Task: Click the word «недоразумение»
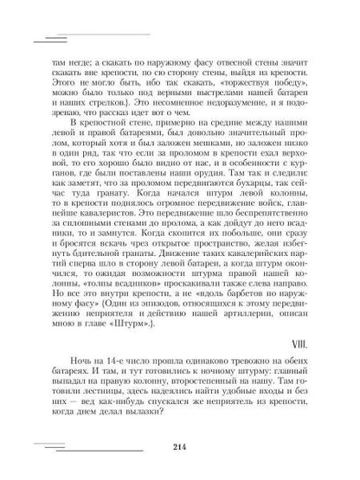click(212, 100)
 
